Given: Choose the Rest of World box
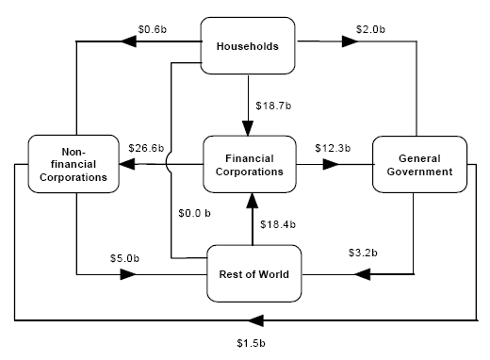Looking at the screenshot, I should click(253, 274).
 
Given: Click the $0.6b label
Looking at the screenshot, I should click(152, 28).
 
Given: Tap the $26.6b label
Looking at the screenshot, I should click(146, 148).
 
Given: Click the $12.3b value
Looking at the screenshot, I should click(332, 148).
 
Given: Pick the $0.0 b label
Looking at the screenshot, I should click(194, 213).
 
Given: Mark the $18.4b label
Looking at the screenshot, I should click(277, 224).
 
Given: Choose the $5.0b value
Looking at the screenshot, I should click(122, 257).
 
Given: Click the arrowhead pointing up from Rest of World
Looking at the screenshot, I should click(253, 198).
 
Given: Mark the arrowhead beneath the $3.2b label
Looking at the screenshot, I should click(363, 274).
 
